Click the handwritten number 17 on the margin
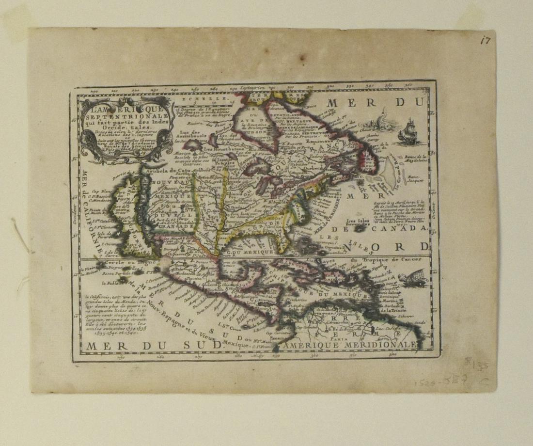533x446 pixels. [485, 40]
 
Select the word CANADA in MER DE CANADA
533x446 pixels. [404, 228]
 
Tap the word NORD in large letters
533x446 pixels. [400, 246]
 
